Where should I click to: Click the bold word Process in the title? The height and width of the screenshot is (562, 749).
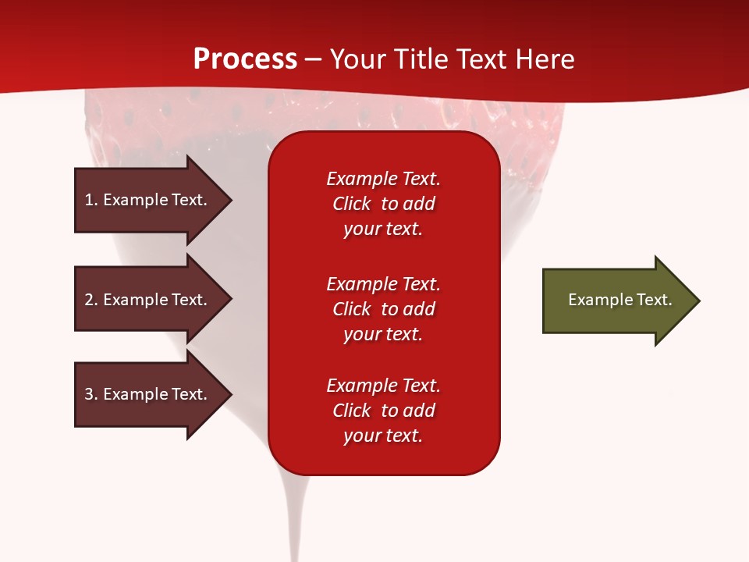coord(245,59)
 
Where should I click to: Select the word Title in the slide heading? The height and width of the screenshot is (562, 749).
coord(421,59)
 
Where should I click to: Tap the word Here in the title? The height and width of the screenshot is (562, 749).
coord(546,59)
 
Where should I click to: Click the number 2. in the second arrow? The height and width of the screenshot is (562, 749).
coord(91,300)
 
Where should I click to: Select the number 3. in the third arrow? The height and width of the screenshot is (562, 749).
coord(91,394)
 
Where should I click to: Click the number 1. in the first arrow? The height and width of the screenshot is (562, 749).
coord(91,200)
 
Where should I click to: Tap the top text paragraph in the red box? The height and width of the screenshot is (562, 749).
coord(383,204)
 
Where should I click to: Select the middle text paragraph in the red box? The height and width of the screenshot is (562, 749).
coord(383,309)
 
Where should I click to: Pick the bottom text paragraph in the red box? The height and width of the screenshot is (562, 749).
coord(383,411)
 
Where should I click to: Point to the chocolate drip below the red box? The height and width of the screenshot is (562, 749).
coord(296,515)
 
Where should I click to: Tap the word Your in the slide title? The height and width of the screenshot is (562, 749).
coord(358,59)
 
